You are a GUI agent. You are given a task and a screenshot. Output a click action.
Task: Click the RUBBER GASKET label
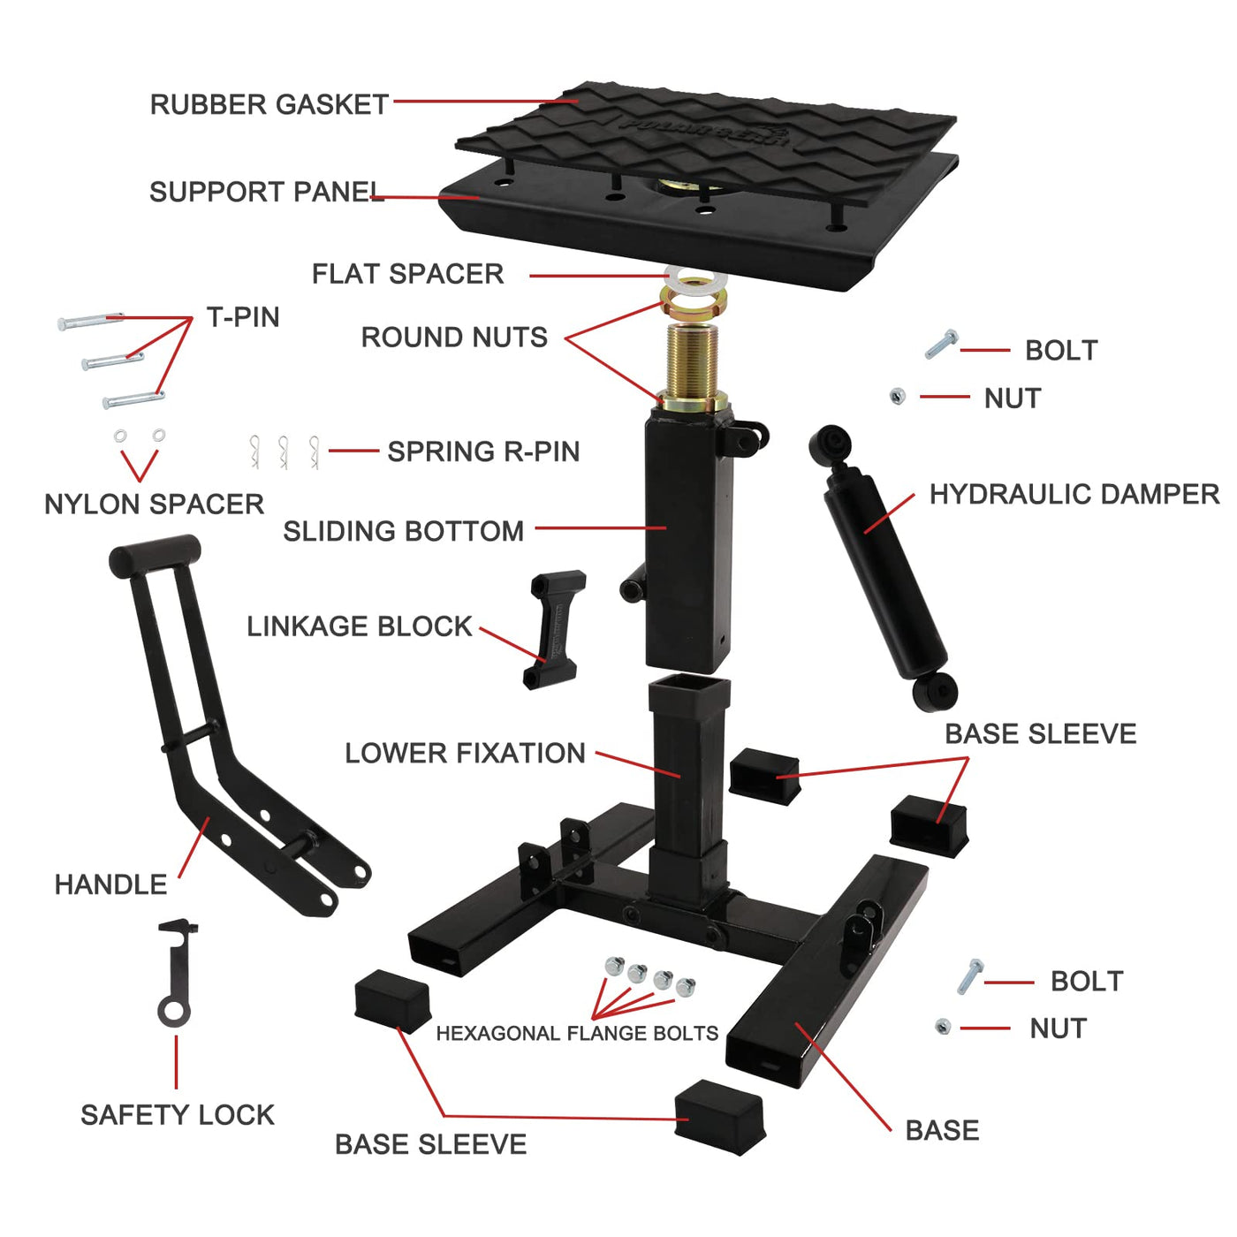pyautogui.click(x=269, y=104)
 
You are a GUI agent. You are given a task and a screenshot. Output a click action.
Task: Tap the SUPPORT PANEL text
pyautogui.click(x=267, y=192)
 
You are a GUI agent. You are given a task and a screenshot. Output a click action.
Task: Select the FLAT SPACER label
pyautogui.click(x=407, y=273)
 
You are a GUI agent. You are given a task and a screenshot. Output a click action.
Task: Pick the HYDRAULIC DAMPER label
pyautogui.click(x=1074, y=494)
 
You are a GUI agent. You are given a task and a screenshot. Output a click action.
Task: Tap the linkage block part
pyautogui.click(x=553, y=629)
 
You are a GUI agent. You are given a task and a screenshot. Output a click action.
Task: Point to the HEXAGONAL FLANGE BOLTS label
pyautogui.click(x=576, y=1033)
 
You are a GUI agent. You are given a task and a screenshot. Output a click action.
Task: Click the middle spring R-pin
pyautogui.click(x=283, y=452)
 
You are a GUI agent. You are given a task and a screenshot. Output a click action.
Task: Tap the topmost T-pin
pyautogui.click(x=90, y=321)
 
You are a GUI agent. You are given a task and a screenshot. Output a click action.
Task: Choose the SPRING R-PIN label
pyautogui.click(x=483, y=452)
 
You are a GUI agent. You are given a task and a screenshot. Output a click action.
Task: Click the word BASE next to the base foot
pyautogui.click(x=942, y=1130)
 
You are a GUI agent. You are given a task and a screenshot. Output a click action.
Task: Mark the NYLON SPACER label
pyautogui.click(x=154, y=504)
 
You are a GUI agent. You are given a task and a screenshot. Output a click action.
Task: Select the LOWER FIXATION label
pyautogui.click(x=465, y=753)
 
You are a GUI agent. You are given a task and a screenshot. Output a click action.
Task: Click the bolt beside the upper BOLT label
pyautogui.click(x=942, y=344)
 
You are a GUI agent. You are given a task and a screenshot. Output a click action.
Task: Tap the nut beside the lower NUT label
pyautogui.click(x=943, y=1026)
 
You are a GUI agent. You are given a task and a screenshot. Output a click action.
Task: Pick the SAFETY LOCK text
pyautogui.click(x=178, y=1115)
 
